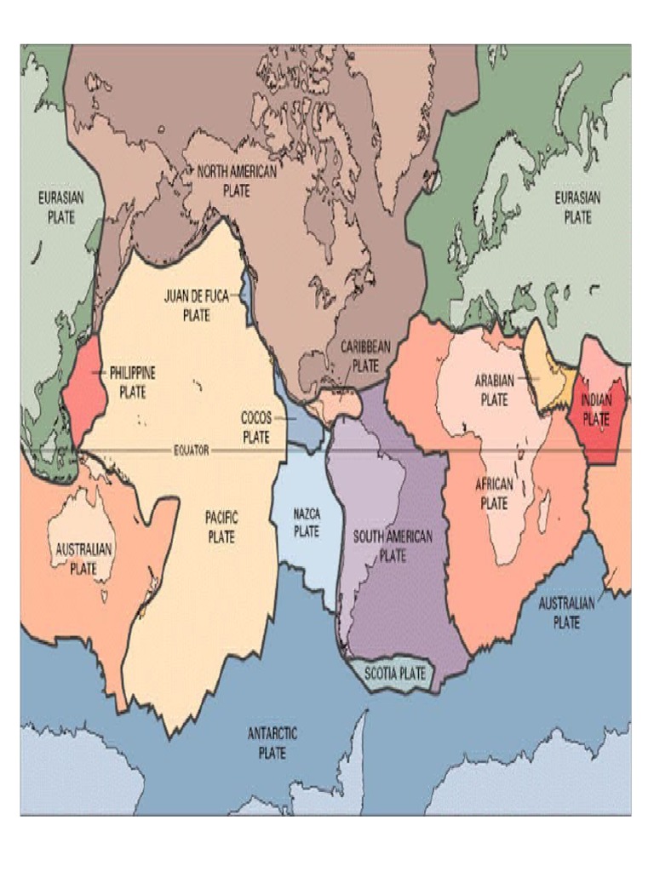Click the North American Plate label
point(237,181)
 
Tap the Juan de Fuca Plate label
point(196,305)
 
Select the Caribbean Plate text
point(365,356)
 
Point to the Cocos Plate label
point(255,427)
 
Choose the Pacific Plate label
point(221,527)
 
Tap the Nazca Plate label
point(307,522)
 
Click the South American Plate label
point(393,546)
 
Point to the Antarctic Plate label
point(272,743)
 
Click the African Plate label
point(494,493)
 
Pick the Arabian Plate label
point(494,389)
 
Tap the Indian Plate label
point(596,409)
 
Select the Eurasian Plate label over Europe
point(577,207)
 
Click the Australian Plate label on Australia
point(83,559)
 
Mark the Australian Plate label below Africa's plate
point(566,612)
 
